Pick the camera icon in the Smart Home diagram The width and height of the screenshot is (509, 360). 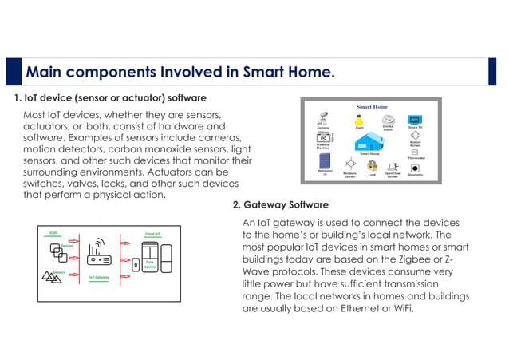pos(324,117)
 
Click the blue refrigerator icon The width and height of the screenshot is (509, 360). pos(323,164)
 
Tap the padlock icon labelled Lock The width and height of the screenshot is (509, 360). pos(371,165)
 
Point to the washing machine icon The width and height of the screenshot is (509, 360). pos(323,137)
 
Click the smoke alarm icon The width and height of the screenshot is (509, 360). pos(388,117)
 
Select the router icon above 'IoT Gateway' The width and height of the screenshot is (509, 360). pos(100,255)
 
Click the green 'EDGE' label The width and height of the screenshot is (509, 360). pos(53,233)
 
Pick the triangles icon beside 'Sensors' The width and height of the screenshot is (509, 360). pos(49,276)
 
